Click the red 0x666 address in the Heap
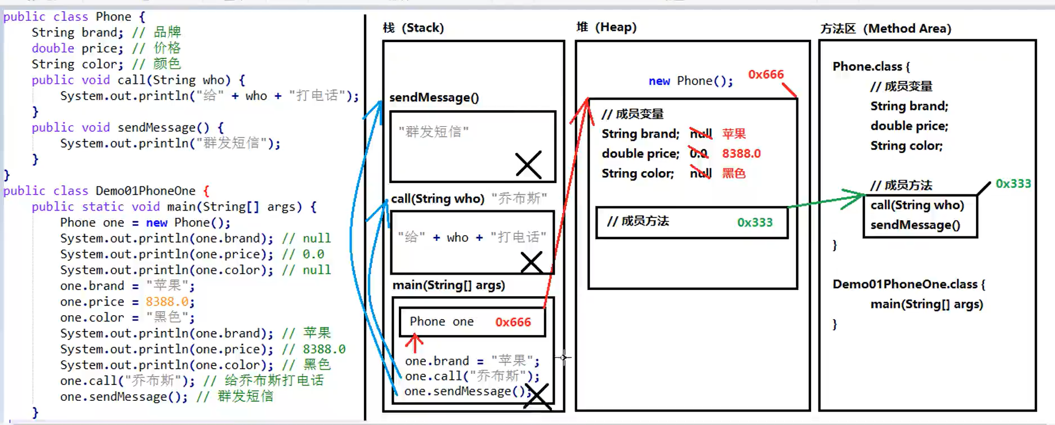(765, 74)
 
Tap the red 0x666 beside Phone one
(513, 322)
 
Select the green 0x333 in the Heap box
(755, 222)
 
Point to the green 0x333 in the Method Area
(1013, 184)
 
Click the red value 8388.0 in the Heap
(741, 154)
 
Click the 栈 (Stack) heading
(413, 28)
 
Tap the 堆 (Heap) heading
(607, 27)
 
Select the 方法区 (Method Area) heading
(885, 28)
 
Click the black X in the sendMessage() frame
(528, 164)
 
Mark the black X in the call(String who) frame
(531, 262)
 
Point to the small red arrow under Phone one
(415, 342)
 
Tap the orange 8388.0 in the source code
(167, 302)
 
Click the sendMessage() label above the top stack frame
(434, 97)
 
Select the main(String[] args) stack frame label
(448, 285)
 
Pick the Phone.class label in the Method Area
(867, 66)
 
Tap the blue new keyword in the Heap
(659, 81)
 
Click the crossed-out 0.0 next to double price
(698, 153)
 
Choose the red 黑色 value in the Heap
(733, 173)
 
